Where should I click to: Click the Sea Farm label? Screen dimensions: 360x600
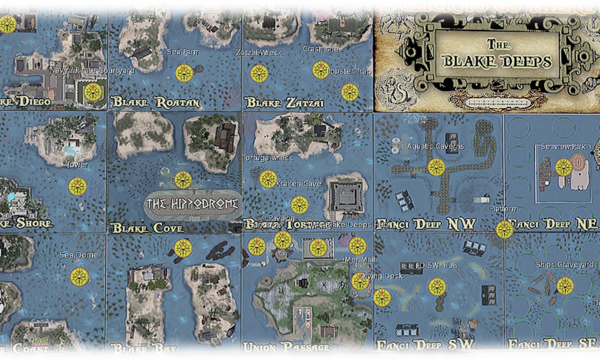183,52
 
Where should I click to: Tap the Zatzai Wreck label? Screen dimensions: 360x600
259,53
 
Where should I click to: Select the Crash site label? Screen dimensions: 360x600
320,49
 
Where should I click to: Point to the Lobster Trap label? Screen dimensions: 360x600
349,71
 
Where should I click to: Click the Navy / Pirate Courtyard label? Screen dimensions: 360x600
92,70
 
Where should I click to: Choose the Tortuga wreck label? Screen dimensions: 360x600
268,158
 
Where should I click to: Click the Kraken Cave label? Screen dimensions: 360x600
298,184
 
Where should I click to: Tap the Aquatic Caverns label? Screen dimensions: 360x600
435,146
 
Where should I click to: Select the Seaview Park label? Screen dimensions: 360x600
563,147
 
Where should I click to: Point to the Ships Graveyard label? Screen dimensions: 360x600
565,265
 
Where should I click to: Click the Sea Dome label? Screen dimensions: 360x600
79,255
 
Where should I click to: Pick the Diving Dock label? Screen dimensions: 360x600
382,276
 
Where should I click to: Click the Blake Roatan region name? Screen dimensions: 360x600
156,102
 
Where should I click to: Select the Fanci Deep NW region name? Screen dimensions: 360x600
426,224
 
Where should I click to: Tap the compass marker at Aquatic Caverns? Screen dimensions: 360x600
436,167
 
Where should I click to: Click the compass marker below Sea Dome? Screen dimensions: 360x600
79,277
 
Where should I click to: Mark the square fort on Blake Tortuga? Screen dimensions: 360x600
346,196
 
